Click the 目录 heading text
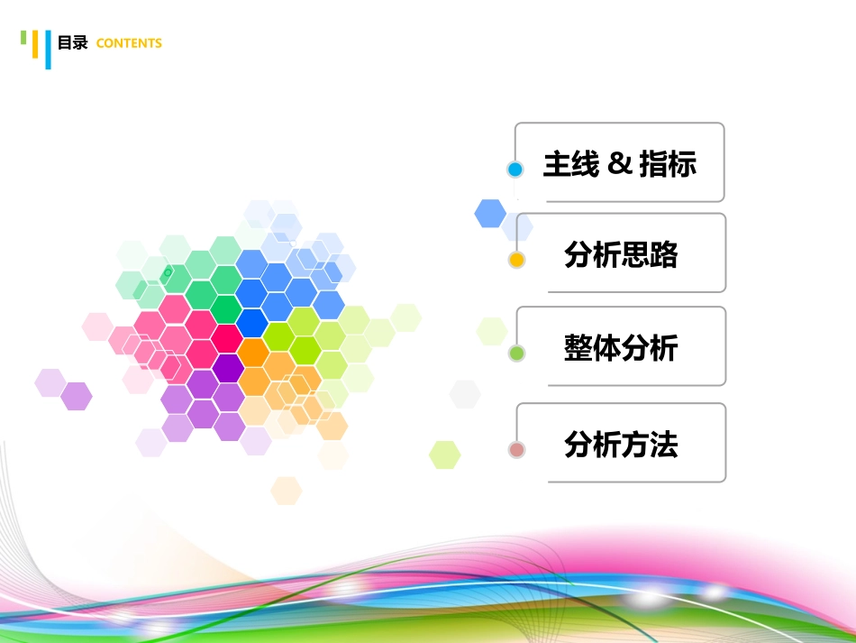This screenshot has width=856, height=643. (72, 42)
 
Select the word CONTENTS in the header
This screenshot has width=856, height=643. (129, 43)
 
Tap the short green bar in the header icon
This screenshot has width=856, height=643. (24, 37)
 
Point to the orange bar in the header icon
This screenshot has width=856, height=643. (35, 44)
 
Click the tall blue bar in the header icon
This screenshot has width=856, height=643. (47, 50)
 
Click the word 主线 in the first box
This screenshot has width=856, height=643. (570, 164)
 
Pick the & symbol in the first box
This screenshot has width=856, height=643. (618, 164)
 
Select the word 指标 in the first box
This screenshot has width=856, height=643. (668, 164)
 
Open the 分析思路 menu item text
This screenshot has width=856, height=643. (621, 255)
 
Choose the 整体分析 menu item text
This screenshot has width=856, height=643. (621, 348)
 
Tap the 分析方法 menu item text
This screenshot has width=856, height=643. (621, 445)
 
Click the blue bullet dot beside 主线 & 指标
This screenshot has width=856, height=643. (515, 170)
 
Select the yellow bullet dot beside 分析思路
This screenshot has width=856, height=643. (516, 261)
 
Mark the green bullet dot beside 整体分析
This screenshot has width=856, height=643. (516, 354)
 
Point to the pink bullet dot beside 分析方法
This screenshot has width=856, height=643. (516, 449)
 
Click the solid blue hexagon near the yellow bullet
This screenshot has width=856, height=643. (490, 213)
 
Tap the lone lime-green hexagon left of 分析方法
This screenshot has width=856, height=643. (445, 455)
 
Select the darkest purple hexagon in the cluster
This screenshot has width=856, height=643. (228, 368)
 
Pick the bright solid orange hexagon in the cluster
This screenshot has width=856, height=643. (254, 352)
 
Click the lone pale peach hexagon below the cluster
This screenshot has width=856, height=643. (287, 491)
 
